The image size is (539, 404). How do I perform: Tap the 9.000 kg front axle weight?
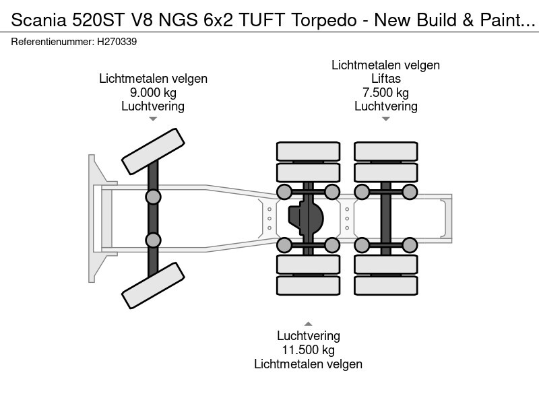pos(153,92)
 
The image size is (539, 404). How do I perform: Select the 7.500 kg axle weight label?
pos(385,92)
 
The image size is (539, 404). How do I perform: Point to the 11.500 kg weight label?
pos(308,350)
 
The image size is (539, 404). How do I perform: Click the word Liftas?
pos(385,79)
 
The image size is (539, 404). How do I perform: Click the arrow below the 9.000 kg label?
pos(153,119)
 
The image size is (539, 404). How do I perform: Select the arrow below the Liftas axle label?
pos(385,119)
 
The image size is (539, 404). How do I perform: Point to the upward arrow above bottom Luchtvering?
pos(308,323)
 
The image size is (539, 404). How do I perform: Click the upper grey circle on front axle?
pos(153,197)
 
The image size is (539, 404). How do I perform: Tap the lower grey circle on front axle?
pos(153,240)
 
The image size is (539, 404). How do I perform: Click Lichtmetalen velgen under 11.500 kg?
pos(308,364)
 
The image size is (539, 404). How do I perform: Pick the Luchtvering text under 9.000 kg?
pos(153,106)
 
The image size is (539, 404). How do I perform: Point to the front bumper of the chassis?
pos(94,218)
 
